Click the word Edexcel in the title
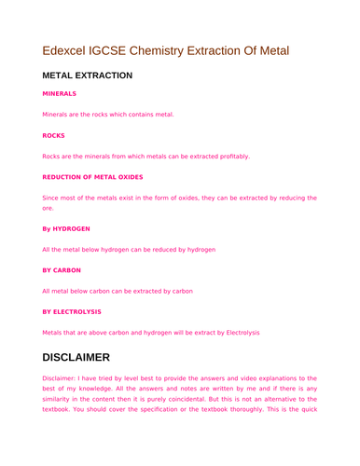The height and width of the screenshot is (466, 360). tap(67, 49)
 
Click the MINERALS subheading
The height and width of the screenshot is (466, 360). tap(60, 94)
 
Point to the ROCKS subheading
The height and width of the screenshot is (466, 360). tap(53, 135)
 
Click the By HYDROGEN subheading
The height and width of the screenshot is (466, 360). tap(66, 228)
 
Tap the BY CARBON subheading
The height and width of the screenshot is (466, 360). tap(62, 269)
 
